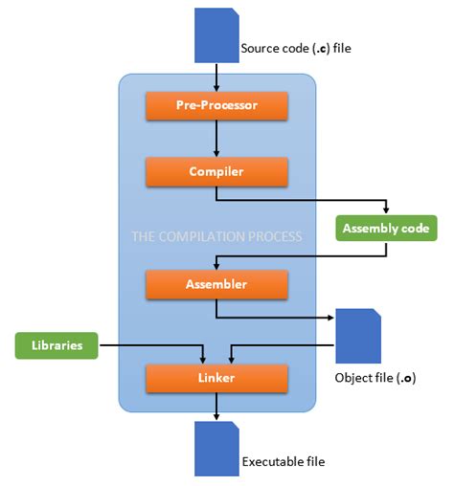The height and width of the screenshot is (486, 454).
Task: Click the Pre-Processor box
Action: point(216,105)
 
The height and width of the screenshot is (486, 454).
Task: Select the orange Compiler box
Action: point(216,172)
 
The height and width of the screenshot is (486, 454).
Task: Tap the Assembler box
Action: point(216,284)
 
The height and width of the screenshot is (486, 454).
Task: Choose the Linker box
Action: point(216,378)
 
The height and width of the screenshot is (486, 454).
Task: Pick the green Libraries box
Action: point(57,344)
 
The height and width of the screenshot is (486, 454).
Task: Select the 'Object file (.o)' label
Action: point(374,378)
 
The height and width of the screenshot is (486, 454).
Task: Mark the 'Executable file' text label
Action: point(283,461)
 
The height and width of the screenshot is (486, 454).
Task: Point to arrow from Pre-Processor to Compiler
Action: point(216,139)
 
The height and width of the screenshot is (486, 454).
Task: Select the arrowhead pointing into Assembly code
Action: point(386,210)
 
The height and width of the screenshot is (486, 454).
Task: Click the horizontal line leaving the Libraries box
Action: point(148,344)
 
